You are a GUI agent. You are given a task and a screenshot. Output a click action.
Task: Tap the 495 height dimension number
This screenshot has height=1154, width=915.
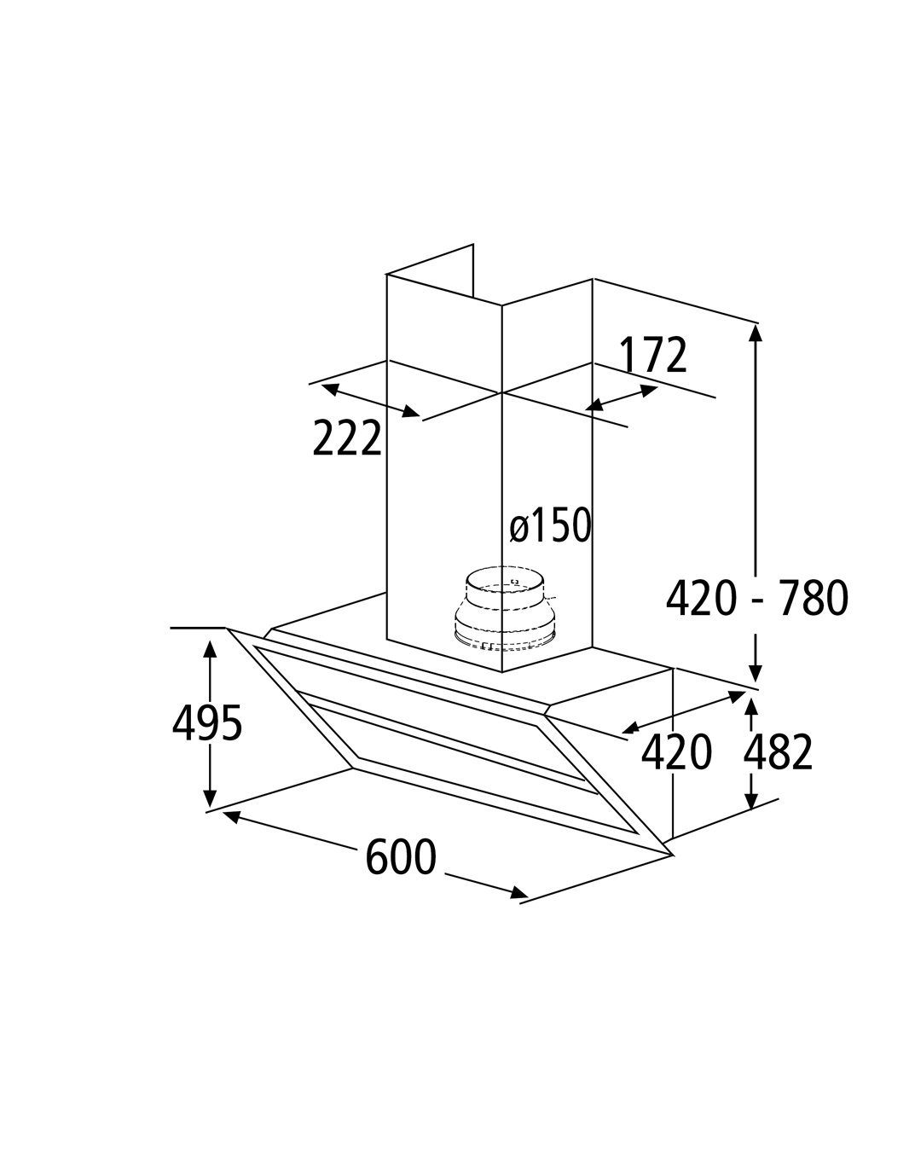click(207, 723)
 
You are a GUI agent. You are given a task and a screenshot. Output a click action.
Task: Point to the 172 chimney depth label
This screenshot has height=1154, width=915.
click(652, 355)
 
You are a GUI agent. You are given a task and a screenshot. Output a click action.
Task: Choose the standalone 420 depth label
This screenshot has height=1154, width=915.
click(676, 752)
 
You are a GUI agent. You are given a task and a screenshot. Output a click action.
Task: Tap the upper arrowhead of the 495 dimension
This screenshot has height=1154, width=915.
click(211, 650)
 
